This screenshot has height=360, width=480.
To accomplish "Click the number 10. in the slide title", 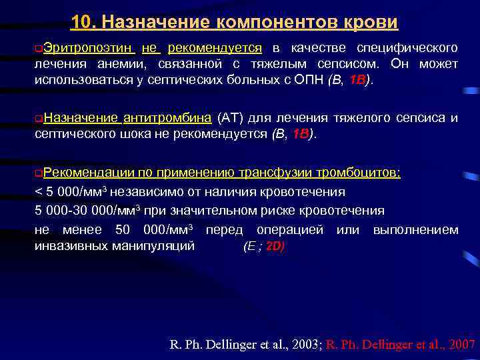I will tap(83, 23).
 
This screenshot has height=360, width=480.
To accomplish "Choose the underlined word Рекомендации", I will tap(88, 173).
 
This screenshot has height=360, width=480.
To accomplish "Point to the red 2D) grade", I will tap(275, 246).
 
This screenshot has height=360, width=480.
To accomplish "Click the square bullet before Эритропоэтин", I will tap(39, 49).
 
